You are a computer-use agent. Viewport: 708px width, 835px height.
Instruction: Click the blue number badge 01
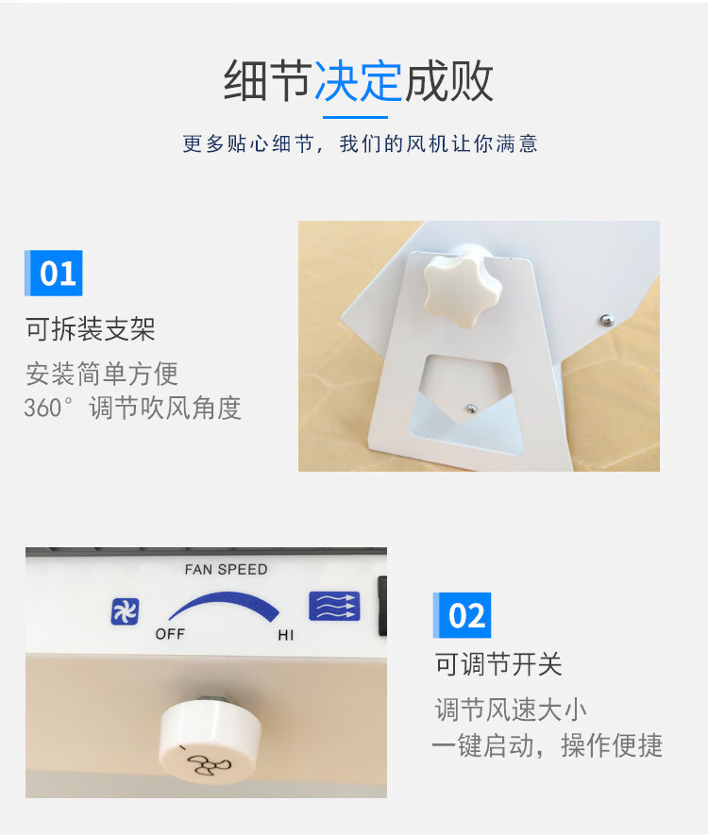tap(53, 273)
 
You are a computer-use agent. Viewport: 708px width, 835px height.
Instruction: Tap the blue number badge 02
tap(462, 615)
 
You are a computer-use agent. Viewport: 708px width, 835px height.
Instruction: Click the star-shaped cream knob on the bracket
tap(463, 291)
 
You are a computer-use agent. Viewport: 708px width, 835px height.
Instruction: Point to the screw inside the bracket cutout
tap(471, 409)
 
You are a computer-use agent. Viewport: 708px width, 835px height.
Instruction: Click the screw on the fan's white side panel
tap(606, 320)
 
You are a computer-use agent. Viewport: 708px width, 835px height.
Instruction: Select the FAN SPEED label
tap(226, 569)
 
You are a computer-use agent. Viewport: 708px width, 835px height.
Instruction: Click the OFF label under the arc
tap(170, 634)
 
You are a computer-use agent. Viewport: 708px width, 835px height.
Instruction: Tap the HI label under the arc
tap(286, 635)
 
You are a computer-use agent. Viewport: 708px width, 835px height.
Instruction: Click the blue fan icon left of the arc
tap(126, 611)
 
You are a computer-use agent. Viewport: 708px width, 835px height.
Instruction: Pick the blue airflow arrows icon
tap(334, 607)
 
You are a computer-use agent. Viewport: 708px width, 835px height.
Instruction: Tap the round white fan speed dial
tap(210, 742)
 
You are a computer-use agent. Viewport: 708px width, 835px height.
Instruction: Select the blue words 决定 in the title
tap(358, 81)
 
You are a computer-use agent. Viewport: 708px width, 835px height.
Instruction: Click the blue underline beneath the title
tap(355, 117)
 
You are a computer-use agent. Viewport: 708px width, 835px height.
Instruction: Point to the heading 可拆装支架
tap(90, 328)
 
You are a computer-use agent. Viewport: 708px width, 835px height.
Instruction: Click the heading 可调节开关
tap(498, 664)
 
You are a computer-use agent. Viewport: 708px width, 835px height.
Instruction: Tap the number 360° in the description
tap(48, 409)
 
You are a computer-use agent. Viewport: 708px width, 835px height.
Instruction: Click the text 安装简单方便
tap(102, 374)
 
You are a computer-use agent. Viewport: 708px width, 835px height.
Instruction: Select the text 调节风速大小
tap(511, 710)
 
